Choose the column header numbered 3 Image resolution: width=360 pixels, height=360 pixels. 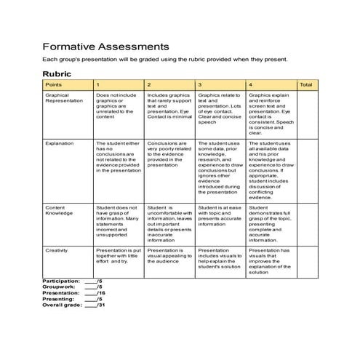point(200,85)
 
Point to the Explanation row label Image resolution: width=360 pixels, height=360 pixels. point(60,144)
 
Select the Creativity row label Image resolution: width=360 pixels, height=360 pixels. point(57,250)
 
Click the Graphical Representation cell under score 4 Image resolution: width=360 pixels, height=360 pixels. point(271,113)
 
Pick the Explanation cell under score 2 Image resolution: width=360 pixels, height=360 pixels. point(169,154)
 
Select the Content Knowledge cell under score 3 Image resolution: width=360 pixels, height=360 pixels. point(220,216)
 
